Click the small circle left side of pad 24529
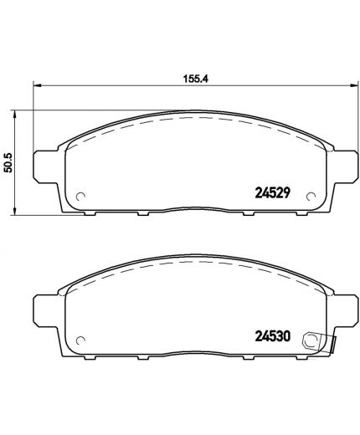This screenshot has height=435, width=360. tap(81, 197)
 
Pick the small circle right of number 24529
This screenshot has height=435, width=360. tap(311, 197)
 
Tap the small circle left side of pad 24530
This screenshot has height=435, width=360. tap(81, 340)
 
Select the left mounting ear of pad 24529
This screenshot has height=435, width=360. tap(44, 165)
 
